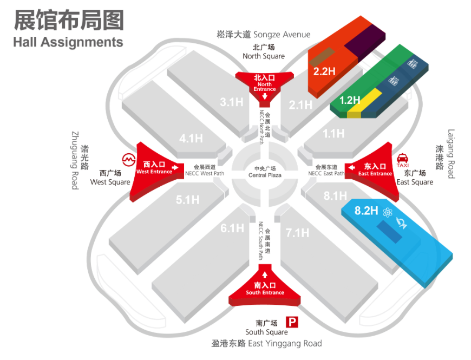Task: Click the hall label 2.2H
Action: point(325,71)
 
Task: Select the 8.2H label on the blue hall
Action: point(365,211)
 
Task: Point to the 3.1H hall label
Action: point(231,102)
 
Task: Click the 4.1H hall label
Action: point(191,139)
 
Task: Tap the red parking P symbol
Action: point(292,323)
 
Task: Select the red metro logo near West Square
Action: point(128,160)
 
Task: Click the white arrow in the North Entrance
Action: point(265,96)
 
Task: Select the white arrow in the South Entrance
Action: point(265,274)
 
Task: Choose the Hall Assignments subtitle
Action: point(68,42)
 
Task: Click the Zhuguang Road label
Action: point(75,160)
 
